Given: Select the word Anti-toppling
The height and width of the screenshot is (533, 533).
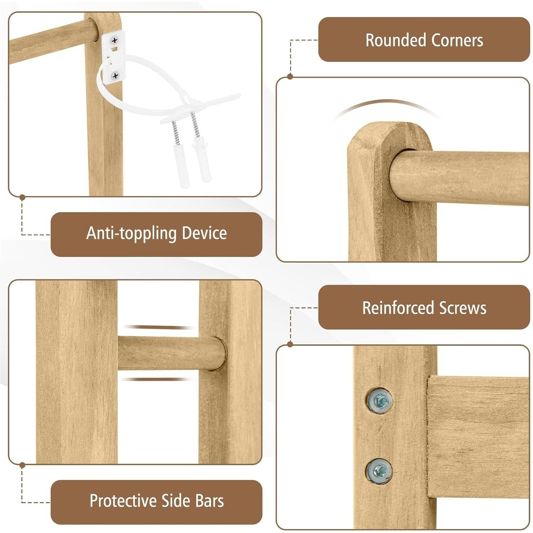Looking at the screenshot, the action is [131, 233].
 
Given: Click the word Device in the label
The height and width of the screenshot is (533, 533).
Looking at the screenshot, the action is [204, 233].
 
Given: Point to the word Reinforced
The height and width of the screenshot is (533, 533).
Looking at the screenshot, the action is [398, 308].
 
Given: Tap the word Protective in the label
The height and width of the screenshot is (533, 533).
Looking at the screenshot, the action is [123, 501].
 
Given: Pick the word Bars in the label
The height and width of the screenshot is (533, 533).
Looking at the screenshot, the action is [209, 501].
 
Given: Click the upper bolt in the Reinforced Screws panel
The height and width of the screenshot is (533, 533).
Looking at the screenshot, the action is [379, 400].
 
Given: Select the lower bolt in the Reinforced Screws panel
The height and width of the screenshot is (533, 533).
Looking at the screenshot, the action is [379, 471].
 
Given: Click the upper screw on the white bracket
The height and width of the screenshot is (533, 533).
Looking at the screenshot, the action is [114, 41].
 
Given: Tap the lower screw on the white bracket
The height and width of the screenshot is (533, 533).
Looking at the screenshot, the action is [115, 75].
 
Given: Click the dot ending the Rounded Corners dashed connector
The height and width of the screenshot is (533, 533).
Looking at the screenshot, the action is [290, 76].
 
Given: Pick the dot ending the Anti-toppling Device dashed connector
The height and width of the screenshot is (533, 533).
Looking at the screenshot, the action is [22, 197].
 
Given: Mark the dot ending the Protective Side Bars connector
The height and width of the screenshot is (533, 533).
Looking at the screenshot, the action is [22, 465].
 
